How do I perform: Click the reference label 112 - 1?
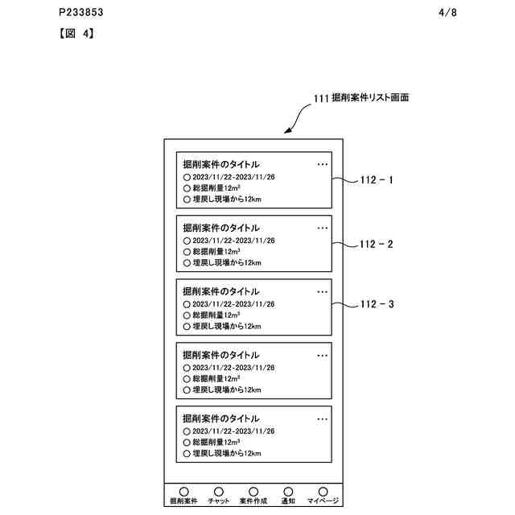(x=376, y=181)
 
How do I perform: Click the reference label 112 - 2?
(x=376, y=244)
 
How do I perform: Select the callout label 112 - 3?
(x=376, y=305)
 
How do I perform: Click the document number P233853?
(x=81, y=14)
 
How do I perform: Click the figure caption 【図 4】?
(x=77, y=35)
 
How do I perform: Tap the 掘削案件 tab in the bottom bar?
(x=183, y=495)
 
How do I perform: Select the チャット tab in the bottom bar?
(x=218, y=495)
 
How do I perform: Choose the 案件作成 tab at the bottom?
(x=253, y=495)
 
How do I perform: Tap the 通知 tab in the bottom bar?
(x=288, y=495)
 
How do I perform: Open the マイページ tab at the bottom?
(x=323, y=495)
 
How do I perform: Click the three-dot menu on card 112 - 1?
(x=323, y=164)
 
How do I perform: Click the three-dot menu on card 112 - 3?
(x=323, y=291)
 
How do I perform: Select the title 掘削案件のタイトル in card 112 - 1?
(x=221, y=164)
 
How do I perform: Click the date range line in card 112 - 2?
(x=233, y=241)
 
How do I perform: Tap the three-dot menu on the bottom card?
(x=323, y=419)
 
